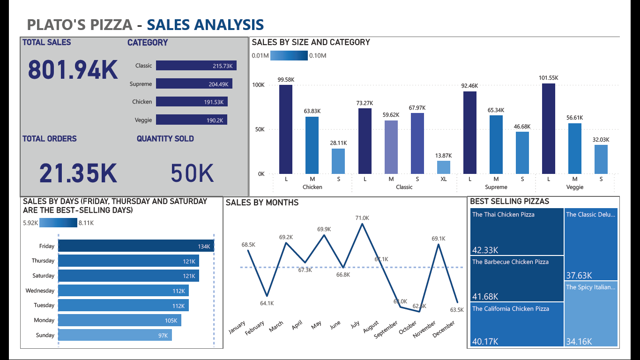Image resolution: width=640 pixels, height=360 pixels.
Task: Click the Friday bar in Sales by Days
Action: pyautogui.click(x=136, y=246)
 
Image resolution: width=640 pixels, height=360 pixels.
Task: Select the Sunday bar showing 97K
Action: pyautogui.click(x=115, y=335)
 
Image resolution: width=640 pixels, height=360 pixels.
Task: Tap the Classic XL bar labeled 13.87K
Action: pyautogui.click(x=443, y=167)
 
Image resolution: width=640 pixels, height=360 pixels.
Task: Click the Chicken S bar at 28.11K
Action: pyautogui.click(x=338, y=161)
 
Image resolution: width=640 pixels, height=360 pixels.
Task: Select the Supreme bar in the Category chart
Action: pyautogui.click(x=194, y=84)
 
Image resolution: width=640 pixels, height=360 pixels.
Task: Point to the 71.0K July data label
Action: pyautogui.click(x=362, y=218)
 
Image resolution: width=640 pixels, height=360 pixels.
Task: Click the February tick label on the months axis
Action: pyautogui.click(x=255, y=327)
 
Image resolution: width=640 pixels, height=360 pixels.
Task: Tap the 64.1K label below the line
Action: pyautogui.click(x=267, y=303)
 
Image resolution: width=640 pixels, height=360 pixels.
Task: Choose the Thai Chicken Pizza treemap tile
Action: pyautogui.click(x=516, y=232)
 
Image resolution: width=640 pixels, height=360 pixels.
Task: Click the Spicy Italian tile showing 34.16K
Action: pyautogui.click(x=591, y=314)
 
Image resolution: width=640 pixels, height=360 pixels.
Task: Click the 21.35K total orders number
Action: pyautogui.click(x=78, y=173)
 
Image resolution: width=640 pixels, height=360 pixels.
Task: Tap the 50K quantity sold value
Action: pyautogui.click(x=192, y=173)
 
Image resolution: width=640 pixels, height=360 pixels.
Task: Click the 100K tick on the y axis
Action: pyautogui.click(x=258, y=85)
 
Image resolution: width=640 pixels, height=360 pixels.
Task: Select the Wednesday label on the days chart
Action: pyautogui.click(x=40, y=291)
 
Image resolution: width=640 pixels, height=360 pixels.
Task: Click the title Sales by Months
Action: pyautogui.click(x=262, y=202)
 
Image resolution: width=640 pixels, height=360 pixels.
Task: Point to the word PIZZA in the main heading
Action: pyautogui.click(x=113, y=24)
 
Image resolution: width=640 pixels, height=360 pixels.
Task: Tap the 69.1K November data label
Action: pyautogui.click(x=439, y=239)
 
